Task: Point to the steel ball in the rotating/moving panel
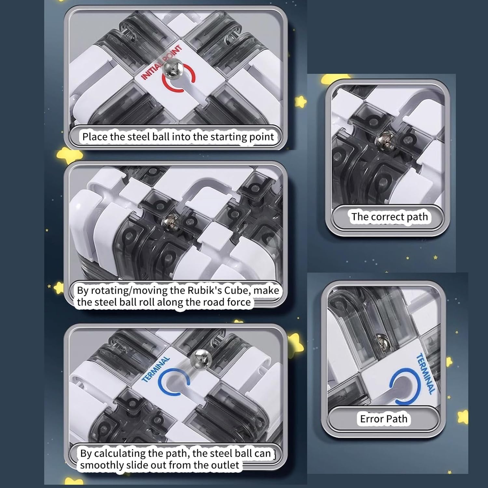[171, 222]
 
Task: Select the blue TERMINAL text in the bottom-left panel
[156, 369]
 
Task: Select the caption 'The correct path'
[390, 217]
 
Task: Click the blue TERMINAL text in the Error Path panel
[426, 374]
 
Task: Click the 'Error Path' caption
[384, 419]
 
